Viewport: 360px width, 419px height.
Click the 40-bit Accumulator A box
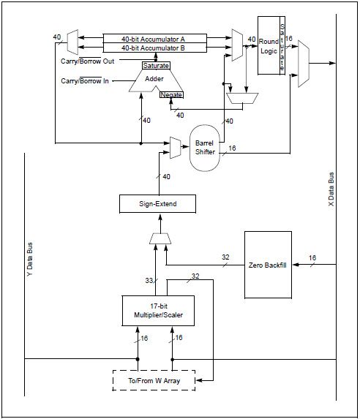(155, 39)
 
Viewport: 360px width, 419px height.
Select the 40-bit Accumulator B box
(155, 48)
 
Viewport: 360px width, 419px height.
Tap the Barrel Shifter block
(205, 148)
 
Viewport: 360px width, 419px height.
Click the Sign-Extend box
(157, 204)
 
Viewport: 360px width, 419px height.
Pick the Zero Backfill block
(268, 265)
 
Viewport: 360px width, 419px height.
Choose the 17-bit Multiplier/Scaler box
(158, 311)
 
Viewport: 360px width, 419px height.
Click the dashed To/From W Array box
(154, 380)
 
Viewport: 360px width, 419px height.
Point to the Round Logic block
(269, 45)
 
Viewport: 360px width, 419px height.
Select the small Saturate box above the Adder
(156, 66)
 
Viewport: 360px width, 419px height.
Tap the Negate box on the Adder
(171, 94)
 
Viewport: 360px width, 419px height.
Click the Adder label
(154, 79)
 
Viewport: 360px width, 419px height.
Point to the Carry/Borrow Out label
(88, 61)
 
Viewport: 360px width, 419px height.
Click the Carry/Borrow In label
(85, 81)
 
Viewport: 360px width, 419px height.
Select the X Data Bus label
(331, 189)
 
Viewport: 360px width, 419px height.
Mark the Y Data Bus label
(30, 259)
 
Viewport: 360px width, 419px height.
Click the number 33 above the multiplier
(149, 281)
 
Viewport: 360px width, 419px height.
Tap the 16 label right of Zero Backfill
(312, 258)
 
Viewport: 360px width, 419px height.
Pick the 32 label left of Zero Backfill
(225, 257)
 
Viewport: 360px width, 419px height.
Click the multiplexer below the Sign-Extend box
(160, 238)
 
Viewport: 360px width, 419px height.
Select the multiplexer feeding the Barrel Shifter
(176, 148)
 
